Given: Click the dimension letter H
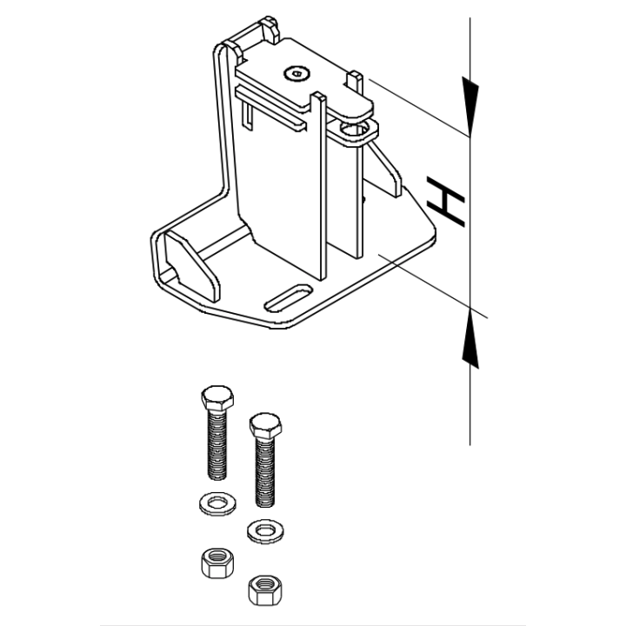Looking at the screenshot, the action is (x=446, y=202).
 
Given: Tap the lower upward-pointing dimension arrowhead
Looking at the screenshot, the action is (x=470, y=338).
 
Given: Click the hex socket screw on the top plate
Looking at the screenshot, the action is (x=296, y=73).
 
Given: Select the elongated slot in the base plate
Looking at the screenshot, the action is (x=289, y=298).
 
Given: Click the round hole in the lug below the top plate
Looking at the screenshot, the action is (x=353, y=129).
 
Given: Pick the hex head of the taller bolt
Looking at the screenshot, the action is (x=217, y=397).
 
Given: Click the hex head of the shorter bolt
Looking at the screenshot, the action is (x=265, y=425).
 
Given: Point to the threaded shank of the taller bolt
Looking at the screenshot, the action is (x=217, y=444).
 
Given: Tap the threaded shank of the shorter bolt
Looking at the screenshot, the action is (x=265, y=472).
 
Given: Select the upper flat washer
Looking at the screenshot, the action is (x=217, y=503).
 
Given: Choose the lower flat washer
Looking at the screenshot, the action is (x=265, y=531).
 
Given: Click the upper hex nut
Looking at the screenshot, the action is (x=217, y=563).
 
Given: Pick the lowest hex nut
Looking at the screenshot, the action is (x=265, y=590).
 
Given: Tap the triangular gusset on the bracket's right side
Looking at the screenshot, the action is (x=385, y=170).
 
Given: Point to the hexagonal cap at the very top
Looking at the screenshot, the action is (x=270, y=29).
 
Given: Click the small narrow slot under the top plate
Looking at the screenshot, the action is (x=248, y=116).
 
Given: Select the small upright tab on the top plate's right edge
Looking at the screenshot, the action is (x=355, y=82).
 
